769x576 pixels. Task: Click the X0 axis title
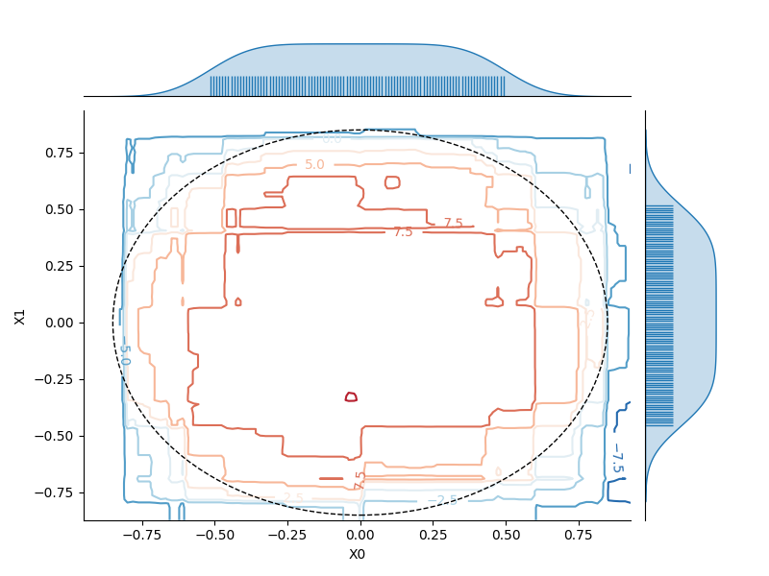(x=357, y=554)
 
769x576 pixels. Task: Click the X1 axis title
(x=20, y=317)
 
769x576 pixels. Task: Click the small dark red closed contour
(x=351, y=396)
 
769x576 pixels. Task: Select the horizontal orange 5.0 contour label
(x=314, y=165)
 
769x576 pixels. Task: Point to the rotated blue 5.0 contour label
(x=124, y=354)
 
